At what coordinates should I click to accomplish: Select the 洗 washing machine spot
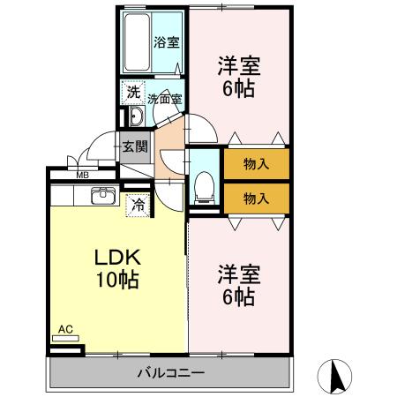[x=132, y=91]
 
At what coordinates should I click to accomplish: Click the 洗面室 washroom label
[x=164, y=99]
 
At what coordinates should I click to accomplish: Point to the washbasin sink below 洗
[x=136, y=117]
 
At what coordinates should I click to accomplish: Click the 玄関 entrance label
[x=135, y=147]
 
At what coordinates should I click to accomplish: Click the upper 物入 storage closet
[x=256, y=163]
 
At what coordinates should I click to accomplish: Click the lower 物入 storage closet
[x=256, y=198]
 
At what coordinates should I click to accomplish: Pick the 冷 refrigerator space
[x=139, y=205]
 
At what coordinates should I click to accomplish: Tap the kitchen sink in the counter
[x=103, y=196]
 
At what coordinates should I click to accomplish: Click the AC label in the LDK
[x=64, y=329]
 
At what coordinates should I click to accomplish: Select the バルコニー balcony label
[x=170, y=372]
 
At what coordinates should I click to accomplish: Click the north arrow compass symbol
[x=335, y=377]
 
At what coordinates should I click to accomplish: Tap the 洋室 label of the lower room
[x=237, y=274]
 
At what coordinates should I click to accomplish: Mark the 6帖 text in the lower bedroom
[x=237, y=297]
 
